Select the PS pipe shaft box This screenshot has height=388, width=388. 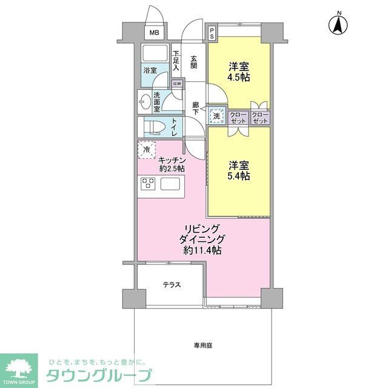point(212,33)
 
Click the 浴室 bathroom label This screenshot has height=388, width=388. point(150,70)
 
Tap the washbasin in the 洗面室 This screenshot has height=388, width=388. point(145,101)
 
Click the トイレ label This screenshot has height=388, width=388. point(174,127)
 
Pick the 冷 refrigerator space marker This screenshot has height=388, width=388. point(147,148)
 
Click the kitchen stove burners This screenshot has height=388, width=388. point(149,184)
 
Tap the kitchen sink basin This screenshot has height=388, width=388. point(170,184)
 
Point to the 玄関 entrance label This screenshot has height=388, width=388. point(194,62)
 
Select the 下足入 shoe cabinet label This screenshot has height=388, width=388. point(176,61)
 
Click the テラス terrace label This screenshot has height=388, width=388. point(171,284)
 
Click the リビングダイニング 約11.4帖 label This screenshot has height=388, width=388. point(199,239)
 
